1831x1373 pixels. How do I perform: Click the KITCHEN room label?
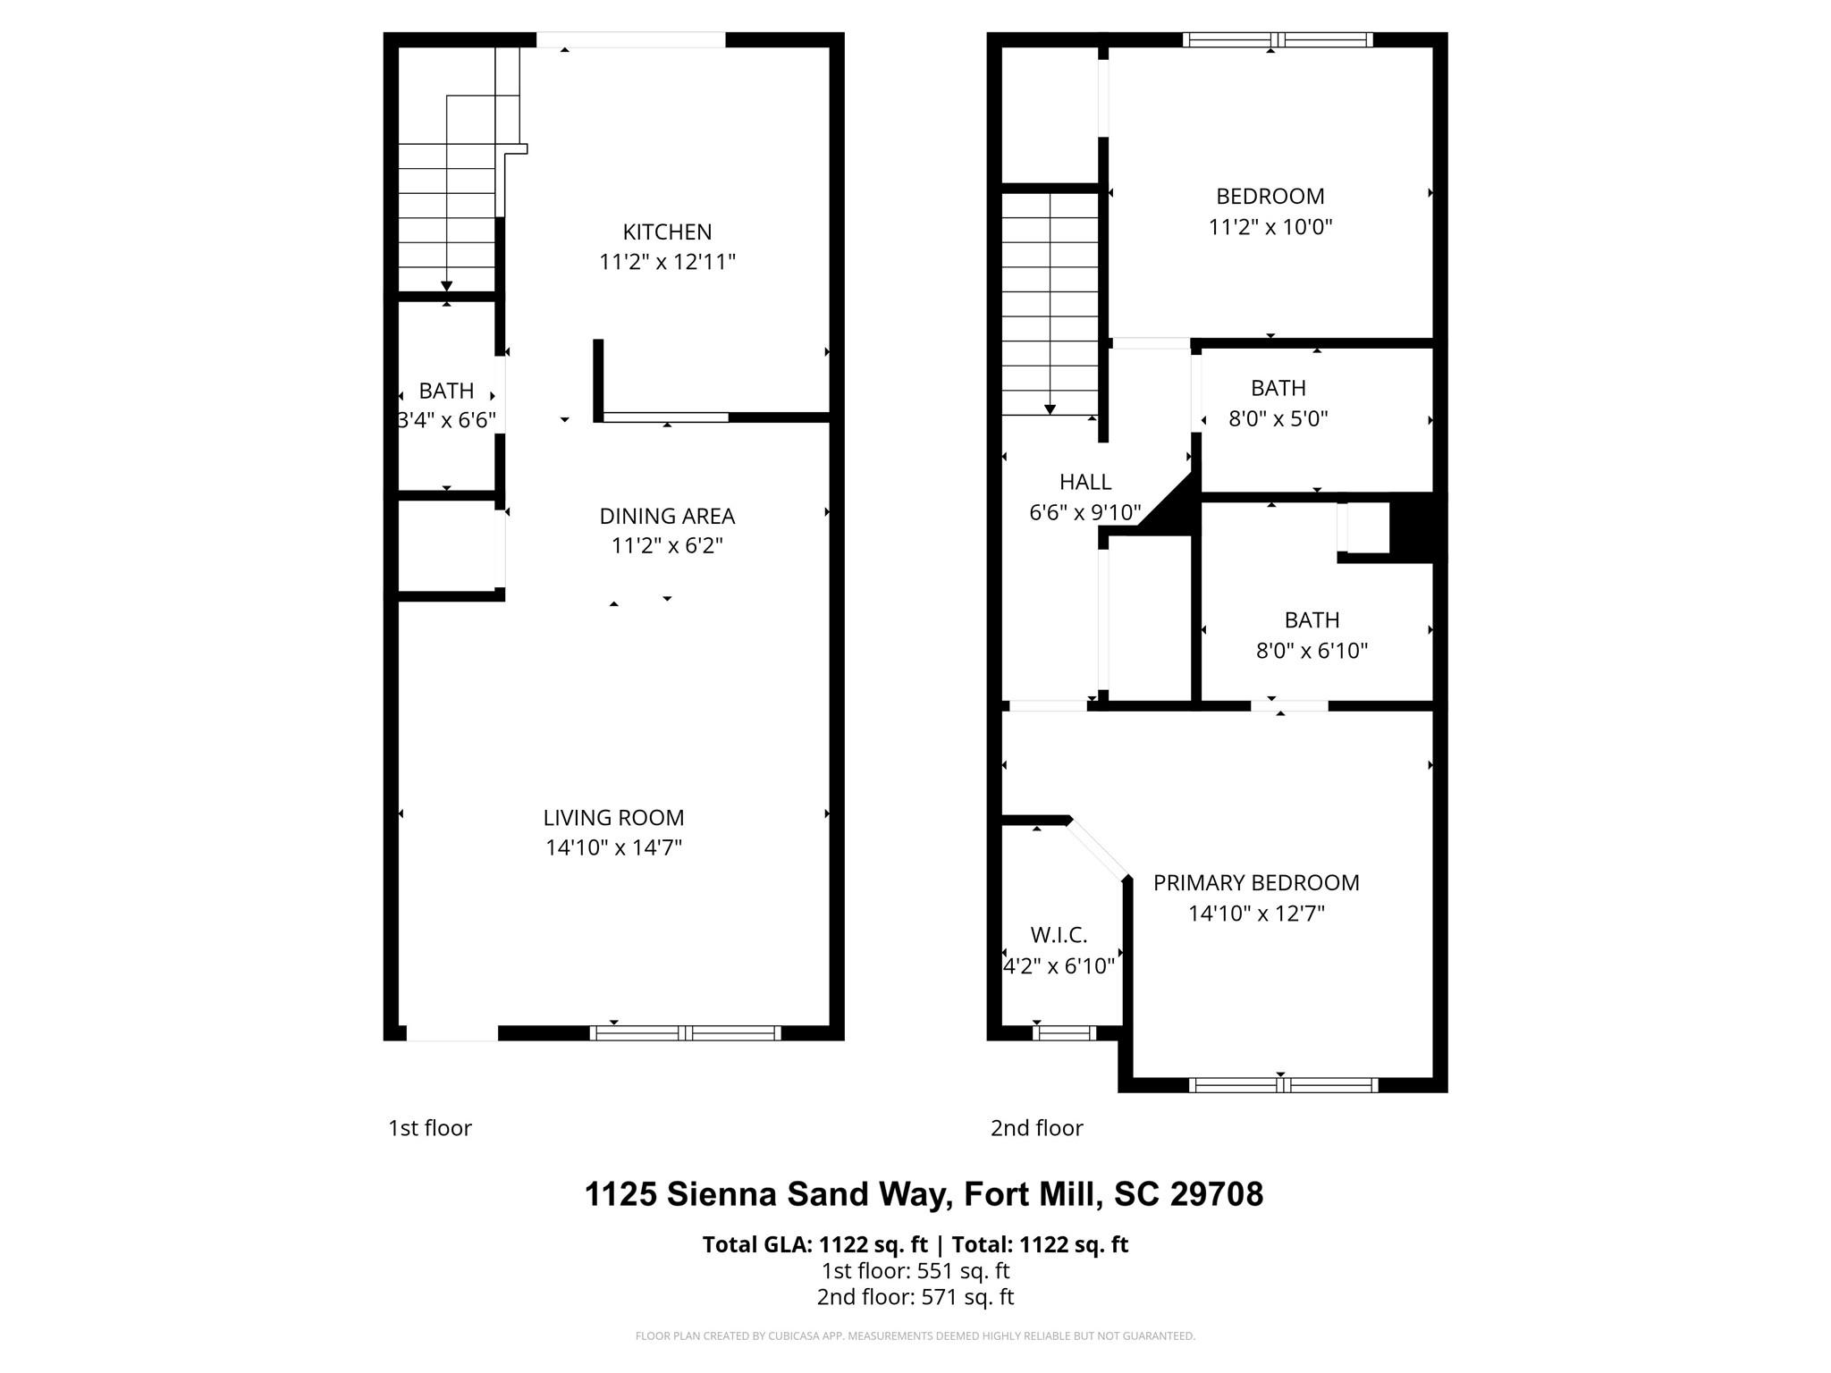[x=667, y=232]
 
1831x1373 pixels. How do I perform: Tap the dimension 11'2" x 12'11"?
[x=667, y=262]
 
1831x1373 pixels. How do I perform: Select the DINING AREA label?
[x=667, y=516]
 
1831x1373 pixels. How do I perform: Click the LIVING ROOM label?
[x=613, y=817]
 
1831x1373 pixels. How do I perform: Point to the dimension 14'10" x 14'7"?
[x=613, y=847]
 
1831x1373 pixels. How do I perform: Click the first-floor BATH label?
[x=446, y=391]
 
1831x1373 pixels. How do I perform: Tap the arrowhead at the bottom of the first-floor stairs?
[x=446, y=286]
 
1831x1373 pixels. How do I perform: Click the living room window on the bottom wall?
[x=685, y=1033]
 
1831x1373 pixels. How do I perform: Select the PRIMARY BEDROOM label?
[x=1256, y=883]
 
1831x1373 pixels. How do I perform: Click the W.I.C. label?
[x=1059, y=935]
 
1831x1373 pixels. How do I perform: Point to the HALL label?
[x=1085, y=483]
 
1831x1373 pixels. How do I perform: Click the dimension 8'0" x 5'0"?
[x=1278, y=418]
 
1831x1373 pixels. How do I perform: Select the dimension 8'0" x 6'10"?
[x=1312, y=651]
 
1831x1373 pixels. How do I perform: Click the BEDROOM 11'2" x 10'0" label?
[x=1270, y=197]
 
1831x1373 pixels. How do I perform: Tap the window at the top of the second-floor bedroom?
[x=1278, y=39]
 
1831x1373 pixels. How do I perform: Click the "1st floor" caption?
[x=429, y=1128]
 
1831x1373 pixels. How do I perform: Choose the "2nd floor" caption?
[x=1036, y=1128]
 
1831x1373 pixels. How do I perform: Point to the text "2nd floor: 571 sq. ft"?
[x=915, y=1297]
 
